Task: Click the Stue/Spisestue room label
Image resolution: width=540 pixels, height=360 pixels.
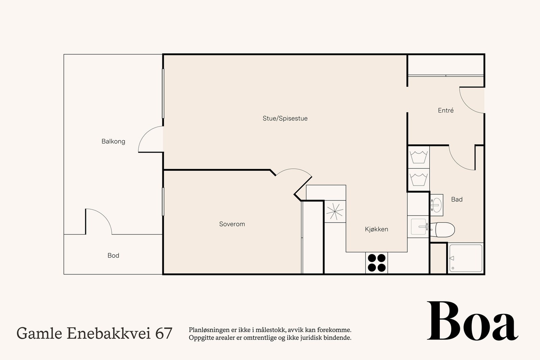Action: point(285,118)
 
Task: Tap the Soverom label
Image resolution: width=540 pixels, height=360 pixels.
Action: point(232,224)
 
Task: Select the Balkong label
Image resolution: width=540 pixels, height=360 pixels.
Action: point(113,141)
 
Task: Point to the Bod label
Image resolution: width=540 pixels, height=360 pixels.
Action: point(113,255)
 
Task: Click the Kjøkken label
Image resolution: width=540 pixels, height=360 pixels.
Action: point(376,229)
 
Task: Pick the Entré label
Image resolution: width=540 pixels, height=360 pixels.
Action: point(446,110)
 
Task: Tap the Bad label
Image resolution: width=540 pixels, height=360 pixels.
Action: point(457,199)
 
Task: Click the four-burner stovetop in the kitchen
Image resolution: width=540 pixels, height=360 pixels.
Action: point(377,263)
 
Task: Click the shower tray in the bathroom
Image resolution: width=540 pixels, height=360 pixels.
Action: point(466,258)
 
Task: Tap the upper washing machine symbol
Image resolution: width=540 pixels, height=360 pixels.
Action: point(418,157)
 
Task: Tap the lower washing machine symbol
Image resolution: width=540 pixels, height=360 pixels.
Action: point(418,179)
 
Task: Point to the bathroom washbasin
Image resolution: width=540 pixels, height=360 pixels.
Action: point(436,204)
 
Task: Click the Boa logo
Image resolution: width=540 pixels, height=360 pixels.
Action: point(472,321)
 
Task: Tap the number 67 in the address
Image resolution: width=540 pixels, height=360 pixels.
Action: point(164,333)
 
